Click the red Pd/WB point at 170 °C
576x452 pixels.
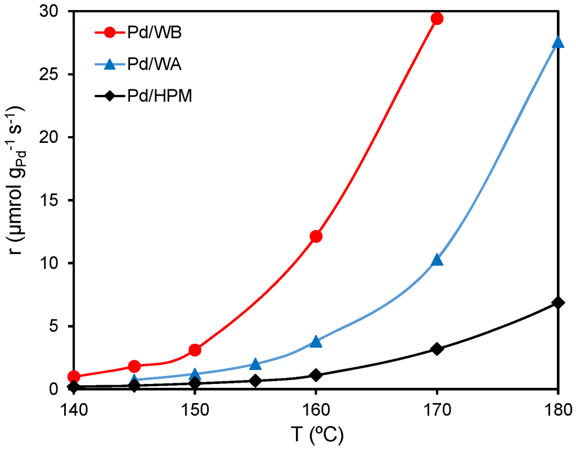coord(436,19)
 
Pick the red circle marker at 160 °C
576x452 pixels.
coord(316,236)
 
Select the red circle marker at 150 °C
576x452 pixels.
coord(195,350)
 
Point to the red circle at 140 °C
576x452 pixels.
coord(74,376)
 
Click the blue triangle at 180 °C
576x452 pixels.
coord(557,43)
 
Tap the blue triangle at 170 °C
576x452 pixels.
coord(436,260)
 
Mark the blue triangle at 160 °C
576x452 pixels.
coord(316,341)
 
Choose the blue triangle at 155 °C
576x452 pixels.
coord(255,364)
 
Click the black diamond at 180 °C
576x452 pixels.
coord(557,302)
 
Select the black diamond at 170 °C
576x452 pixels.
coord(436,349)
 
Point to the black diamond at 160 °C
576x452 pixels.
coord(316,375)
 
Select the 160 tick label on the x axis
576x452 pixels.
coord(316,407)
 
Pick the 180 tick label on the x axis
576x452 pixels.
coord(556,407)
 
